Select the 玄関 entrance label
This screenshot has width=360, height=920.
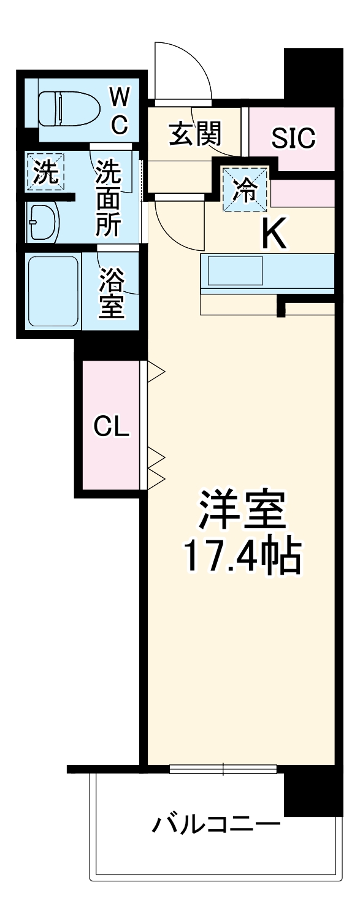click(195, 134)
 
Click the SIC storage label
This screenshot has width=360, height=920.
click(293, 139)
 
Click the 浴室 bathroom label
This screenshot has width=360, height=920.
click(112, 291)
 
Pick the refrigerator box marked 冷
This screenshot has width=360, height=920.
click(245, 190)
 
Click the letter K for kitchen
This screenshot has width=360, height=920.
click(274, 234)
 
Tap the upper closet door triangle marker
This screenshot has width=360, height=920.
click(156, 370)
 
